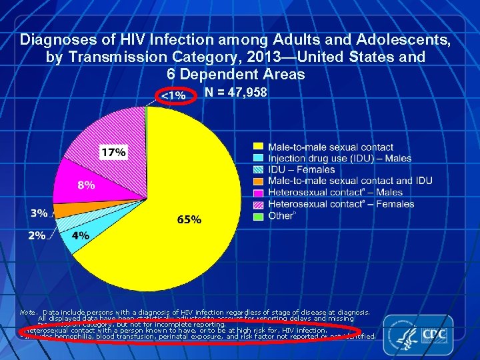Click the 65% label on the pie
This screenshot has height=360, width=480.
point(189,219)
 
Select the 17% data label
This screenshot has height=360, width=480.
point(113,152)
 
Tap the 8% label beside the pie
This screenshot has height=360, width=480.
point(85,185)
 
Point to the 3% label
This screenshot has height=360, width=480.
point(39,213)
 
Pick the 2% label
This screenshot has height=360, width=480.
point(37,235)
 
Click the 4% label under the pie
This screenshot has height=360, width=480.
point(80,235)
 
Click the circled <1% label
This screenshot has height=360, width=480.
point(173,95)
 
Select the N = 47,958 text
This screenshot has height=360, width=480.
point(236,93)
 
